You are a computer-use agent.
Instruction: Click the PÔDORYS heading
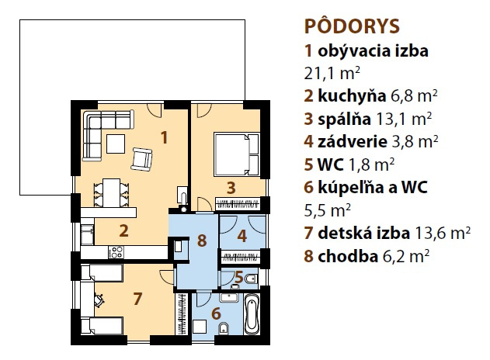(352, 26)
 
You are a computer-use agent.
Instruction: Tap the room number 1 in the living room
(164, 137)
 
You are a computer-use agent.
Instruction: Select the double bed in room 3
(237, 154)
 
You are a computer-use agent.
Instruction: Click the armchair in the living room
(141, 159)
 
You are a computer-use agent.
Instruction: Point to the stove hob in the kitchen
(116, 252)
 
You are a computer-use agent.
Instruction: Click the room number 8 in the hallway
(202, 241)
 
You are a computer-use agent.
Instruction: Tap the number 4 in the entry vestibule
(242, 237)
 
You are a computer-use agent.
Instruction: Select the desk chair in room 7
(99, 299)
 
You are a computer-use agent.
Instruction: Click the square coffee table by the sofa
(116, 144)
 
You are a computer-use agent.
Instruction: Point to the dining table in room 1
(111, 192)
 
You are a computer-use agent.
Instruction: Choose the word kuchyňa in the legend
(352, 96)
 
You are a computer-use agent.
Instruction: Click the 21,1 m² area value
(332, 74)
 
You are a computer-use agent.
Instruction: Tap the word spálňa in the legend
(344, 119)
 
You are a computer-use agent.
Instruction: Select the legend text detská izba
(363, 233)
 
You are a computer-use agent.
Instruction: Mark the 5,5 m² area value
(328, 210)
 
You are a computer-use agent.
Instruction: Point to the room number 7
(137, 299)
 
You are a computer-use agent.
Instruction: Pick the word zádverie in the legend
(353, 142)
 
